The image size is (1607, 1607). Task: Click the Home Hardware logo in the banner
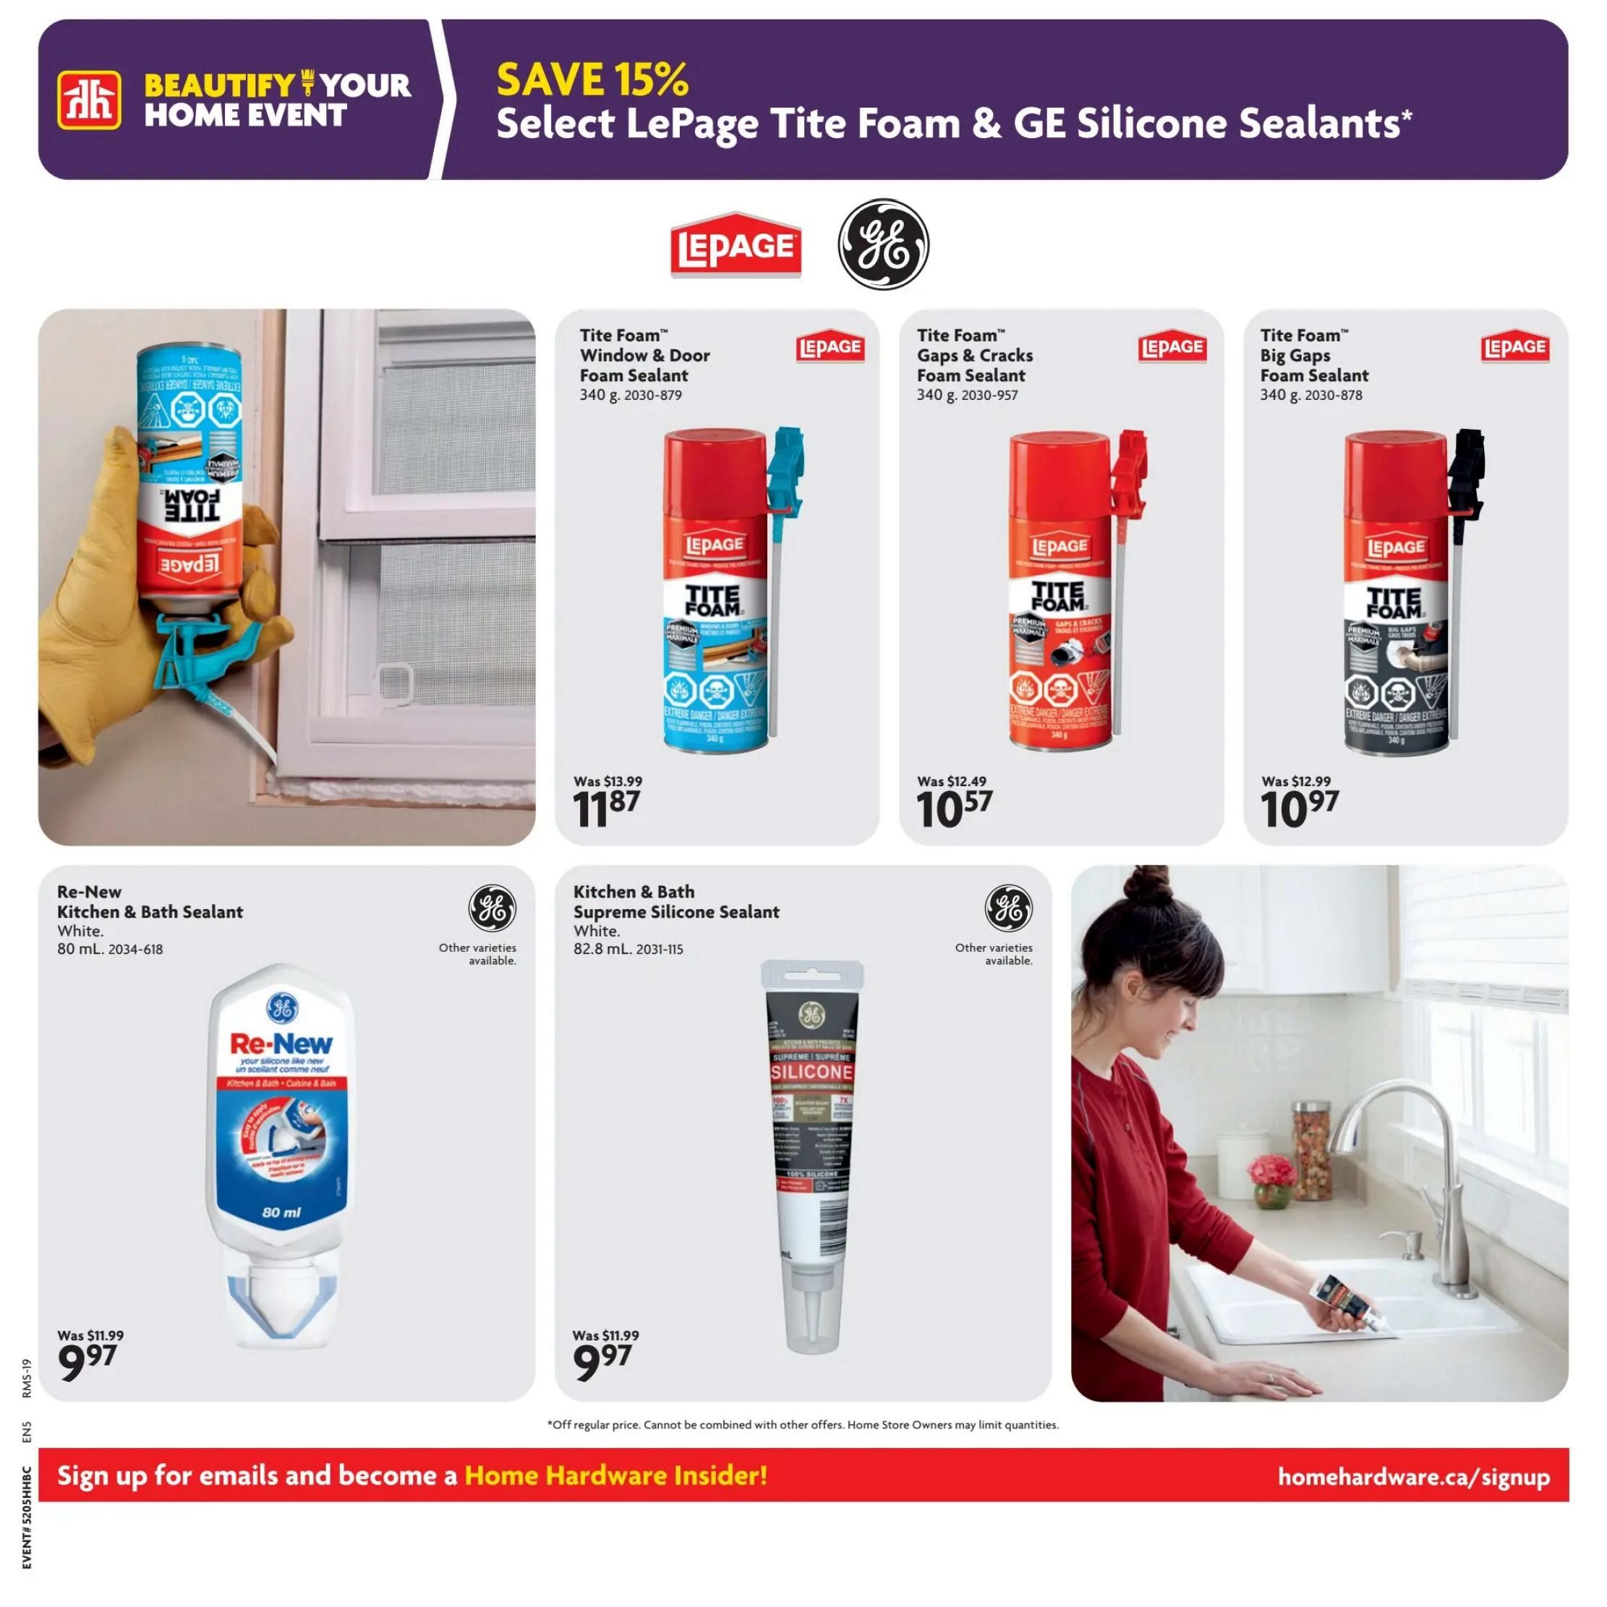pos(89,101)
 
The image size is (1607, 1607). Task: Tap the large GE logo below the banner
pos(882,244)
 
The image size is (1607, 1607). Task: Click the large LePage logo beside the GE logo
pos(736,245)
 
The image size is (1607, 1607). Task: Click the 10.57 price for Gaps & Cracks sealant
pos(954,809)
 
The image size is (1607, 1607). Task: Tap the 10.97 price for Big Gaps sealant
pos(1299,809)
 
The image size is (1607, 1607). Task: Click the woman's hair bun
pos(1152,883)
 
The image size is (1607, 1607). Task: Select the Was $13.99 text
pos(608,781)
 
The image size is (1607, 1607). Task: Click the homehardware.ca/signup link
pos(1413,1478)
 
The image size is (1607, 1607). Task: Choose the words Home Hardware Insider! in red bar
pos(615,1475)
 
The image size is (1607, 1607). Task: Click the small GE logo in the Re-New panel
pos(492,908)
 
